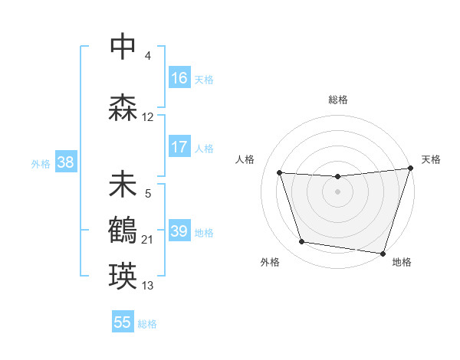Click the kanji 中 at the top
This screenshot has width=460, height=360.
click(x=123, y=46)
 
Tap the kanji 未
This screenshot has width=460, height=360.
click(x=123, y=185)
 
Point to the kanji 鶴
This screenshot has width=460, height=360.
click(x=123, y=230)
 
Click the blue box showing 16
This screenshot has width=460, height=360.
click(x=179, y=78)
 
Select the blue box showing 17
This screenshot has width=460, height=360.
click(x=179, y=147)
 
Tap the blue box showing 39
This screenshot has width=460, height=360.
click(x=179, y=231)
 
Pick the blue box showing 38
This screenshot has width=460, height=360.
click(x=65, y=162)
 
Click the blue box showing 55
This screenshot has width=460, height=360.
click(x=123, y=322)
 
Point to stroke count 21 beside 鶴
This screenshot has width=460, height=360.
click(x=148, y=241)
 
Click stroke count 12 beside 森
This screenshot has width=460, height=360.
click(x=148, y=117)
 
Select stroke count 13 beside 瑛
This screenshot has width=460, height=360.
click(x=148, y=286)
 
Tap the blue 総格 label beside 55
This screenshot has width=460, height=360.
click(x=147, y=324)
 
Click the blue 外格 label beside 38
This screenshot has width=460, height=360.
click(x=41, y=163)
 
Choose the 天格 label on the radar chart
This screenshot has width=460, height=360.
click(x=431, y=159)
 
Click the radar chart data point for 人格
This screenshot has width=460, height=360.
click(x=279, y=172)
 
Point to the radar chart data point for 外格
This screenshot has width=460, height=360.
click(x=302, y=242)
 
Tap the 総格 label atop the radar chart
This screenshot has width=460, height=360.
click(x=337, y=100)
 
